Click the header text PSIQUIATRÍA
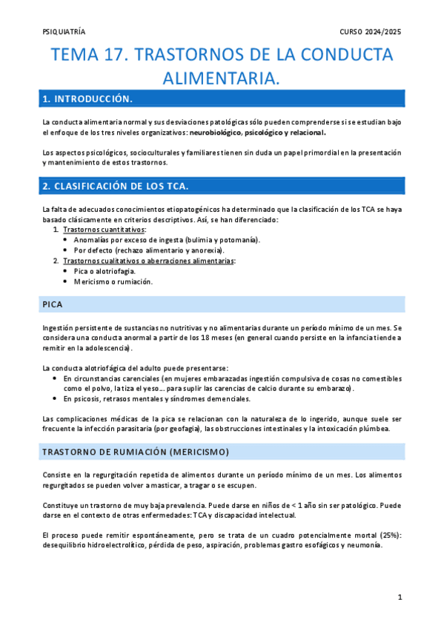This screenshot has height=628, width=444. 64,32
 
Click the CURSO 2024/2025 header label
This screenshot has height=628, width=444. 371,32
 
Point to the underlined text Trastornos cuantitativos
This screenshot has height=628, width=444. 105,230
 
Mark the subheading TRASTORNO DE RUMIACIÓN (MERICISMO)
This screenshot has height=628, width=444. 135,451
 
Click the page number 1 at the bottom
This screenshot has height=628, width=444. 399,596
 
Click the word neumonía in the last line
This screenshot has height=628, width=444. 365,544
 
